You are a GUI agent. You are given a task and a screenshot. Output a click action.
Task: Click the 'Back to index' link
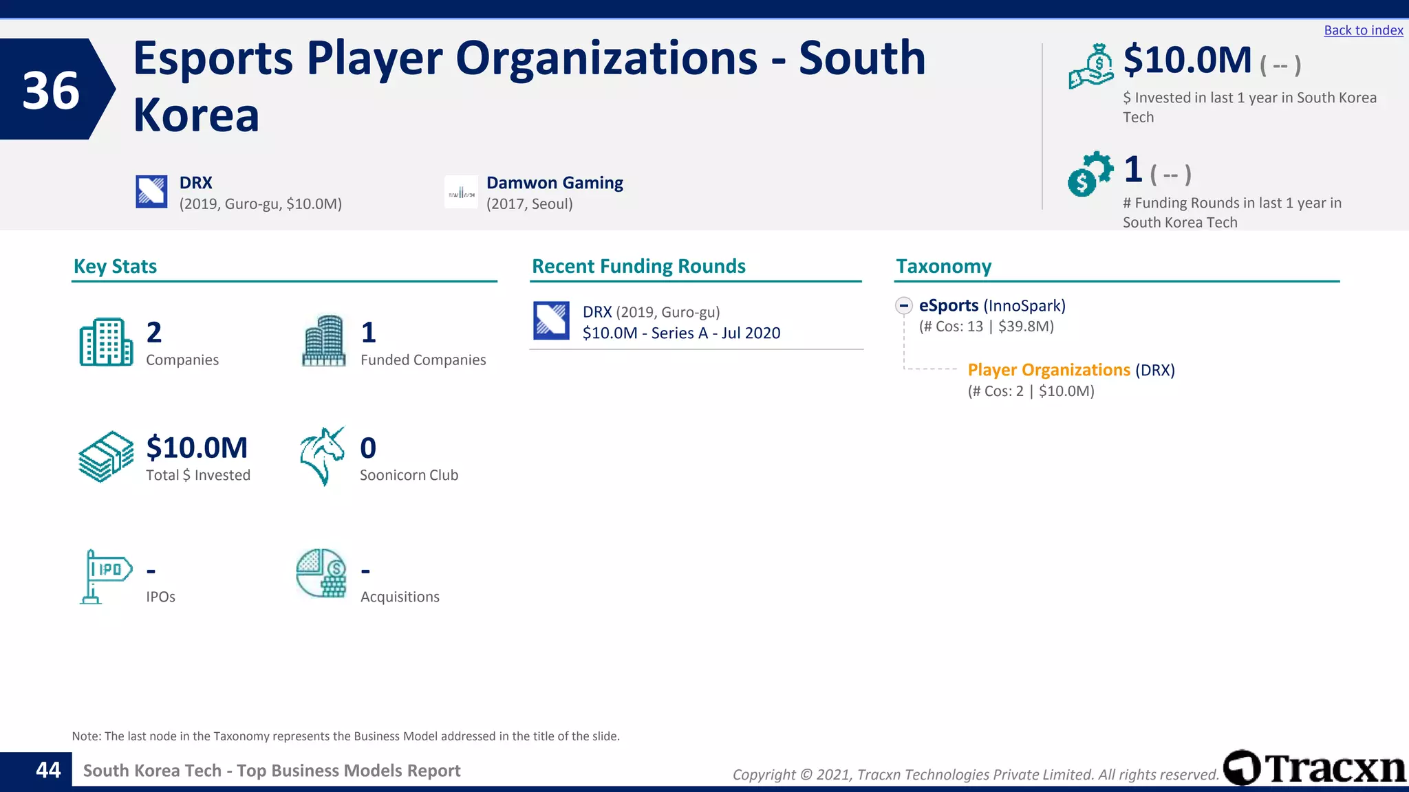tap(1363, 30)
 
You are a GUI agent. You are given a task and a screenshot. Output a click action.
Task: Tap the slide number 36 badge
tap(52, 90)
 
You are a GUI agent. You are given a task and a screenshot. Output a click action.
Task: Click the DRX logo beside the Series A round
tap(551, 321)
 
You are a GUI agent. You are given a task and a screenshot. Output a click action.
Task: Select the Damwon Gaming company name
tap(555, 183)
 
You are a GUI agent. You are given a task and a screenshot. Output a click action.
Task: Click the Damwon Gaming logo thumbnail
tap(461, 192)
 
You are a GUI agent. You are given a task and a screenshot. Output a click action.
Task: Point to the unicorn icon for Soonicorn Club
tap(322, 456)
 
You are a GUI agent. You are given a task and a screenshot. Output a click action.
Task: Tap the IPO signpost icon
tap(105, 576)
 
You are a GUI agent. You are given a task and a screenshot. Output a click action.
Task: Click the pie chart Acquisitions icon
tap(321, 573)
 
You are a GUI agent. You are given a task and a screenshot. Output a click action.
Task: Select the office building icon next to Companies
tap(106, 342)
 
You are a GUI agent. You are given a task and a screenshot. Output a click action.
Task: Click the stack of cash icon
tap(106, 456)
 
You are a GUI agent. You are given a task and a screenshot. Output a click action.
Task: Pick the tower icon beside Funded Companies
tap(324, 340)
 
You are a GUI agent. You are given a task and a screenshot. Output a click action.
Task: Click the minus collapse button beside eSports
tap(904, 305)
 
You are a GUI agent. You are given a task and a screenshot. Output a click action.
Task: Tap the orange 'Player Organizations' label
tap(1048, 370)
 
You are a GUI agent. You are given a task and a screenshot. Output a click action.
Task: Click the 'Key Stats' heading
tap(115, 266)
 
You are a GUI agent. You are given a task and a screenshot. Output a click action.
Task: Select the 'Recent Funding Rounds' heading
tap(638, 266)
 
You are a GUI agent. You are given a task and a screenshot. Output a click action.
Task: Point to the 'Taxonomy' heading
tap(943, 266)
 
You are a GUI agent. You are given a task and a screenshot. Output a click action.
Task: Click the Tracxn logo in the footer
tap(1314, 768)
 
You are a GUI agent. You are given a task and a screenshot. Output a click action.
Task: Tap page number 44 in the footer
tap(48, 770)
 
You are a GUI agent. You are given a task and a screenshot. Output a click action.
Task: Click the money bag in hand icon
tap(1091, 67)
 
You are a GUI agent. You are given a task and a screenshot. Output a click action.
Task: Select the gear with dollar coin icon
tap(1090, 174)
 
